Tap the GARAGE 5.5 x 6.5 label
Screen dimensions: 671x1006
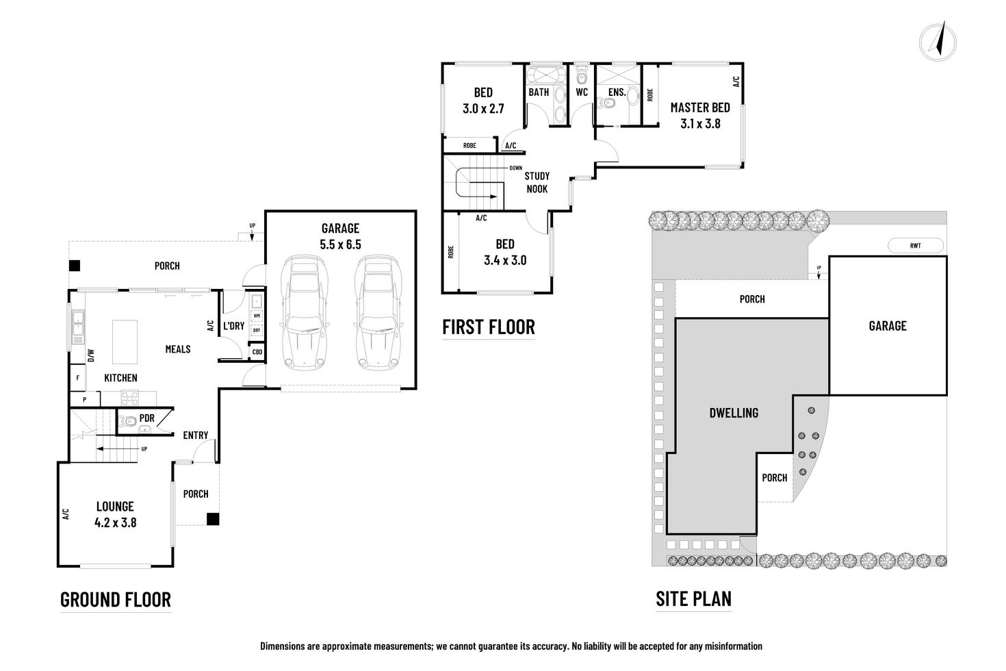(x=340, y=236)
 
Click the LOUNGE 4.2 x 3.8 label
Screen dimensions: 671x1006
(x=115, y=514)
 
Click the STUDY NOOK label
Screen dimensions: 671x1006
(x=537, y=182)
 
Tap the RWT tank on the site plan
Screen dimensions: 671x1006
(x=915, y=246)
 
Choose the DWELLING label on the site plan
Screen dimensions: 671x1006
(x=733, y=413)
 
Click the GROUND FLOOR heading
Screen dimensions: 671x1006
(x=116, y=600)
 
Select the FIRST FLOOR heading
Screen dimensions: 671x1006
(x=489, y=327)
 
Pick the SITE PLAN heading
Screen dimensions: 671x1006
(x=693, y=599)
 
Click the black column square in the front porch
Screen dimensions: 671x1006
(x=214, y=520)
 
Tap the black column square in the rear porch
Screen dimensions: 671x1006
(x=75, y=266)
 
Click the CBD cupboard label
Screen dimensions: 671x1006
(x=257, y=353)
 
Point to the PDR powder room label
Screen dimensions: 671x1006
(x=146, y=418)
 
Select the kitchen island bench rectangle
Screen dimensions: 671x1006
(x=125, y=342)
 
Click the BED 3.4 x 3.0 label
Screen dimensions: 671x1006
(x=505, y=252)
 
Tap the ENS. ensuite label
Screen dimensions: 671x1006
(x=617, y=92)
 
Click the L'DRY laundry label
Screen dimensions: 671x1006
(x=233, y=326)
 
